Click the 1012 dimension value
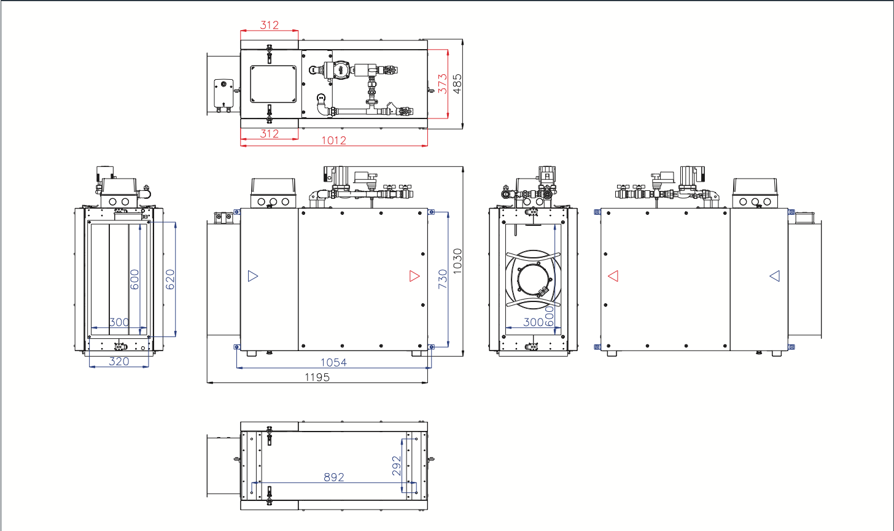333,141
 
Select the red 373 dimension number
443,83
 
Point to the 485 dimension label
457,83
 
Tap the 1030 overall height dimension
457,262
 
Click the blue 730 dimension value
443,279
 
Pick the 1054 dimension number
333,362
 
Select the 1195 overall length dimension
317,377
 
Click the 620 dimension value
170,279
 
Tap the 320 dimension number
119,362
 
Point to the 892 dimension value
333,477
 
